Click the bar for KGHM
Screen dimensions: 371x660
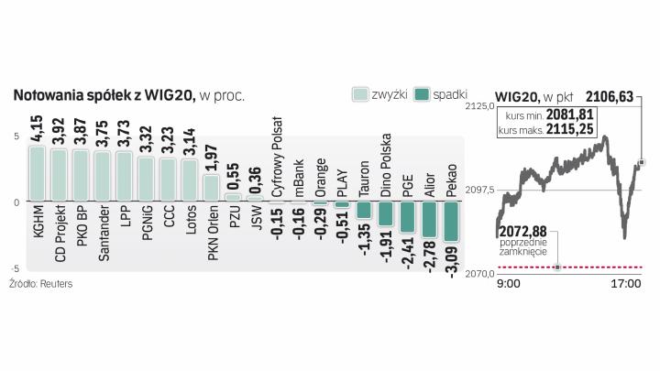[37, 172]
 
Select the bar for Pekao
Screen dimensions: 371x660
[451, 221]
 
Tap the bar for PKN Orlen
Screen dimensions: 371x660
[211, 188]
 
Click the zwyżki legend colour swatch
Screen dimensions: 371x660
[360, 94]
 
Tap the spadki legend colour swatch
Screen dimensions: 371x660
[423, 94]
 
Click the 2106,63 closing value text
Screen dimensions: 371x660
[610, 94]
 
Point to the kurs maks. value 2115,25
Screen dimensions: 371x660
[569, 132]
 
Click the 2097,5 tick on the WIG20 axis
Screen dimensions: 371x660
[480, 190]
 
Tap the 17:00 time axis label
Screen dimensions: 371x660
[625, 285]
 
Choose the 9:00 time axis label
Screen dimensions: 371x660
[508, 285]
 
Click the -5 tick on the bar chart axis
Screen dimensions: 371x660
[15, 268]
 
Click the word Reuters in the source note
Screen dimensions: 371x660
[56, 284]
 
